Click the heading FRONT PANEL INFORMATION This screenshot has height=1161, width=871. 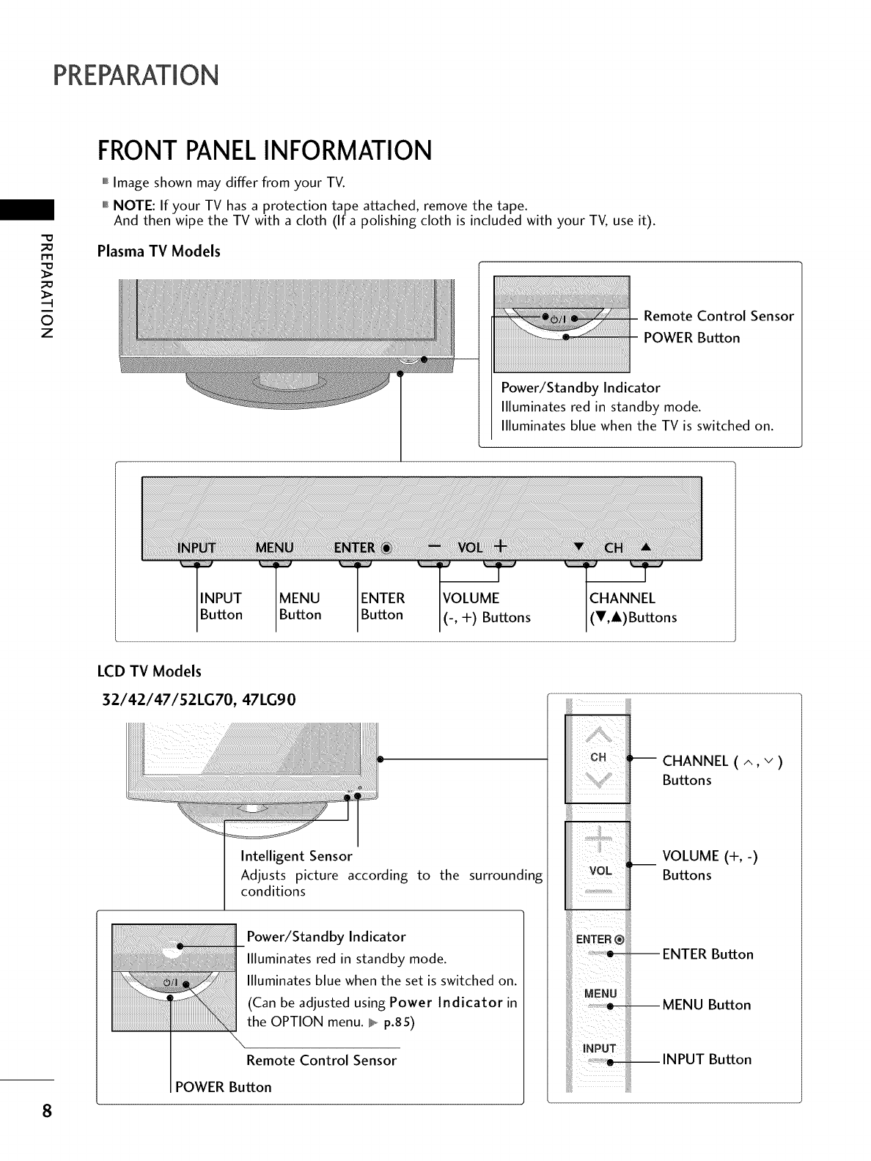pyautogui.click(x=264, y=151)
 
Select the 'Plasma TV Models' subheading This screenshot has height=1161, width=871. pyautogui.click(x=159, y=251)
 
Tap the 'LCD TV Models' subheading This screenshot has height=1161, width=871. pyautogui.click(x=149, y=671)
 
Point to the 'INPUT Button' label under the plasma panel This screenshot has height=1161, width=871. pyautogui.click(x=221, y=606)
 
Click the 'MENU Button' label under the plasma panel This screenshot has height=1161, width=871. pyautogui.click(x=300, y=606)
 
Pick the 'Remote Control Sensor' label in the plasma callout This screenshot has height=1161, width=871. pyautogui.click(x=718, y=317)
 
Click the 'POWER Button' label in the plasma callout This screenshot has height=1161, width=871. pyautogui.click(x=691, y=338)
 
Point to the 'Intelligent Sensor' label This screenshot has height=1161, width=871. pyautogui.click(x=296, y=856)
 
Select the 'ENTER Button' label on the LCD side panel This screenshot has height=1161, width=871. pyautogui.click(x=708, y=954)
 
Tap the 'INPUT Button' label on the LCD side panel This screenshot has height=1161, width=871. pyautogui.click(x=707, y=1059)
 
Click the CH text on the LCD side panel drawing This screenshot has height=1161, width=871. pyautogui.click(x=598, y=758)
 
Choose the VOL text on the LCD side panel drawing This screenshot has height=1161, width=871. pyautogui.click(x=600, y=871)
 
